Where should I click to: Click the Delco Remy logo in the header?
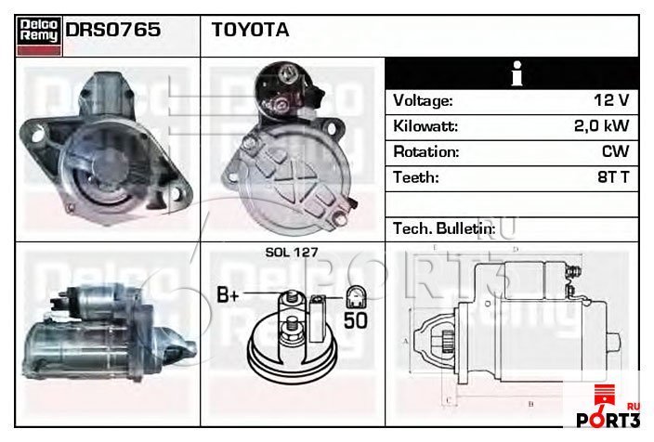[39, 35]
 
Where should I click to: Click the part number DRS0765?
[112, 30]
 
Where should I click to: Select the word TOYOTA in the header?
[250, 30]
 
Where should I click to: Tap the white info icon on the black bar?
[517, 73]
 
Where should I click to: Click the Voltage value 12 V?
[611, 100]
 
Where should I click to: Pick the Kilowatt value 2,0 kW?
[601, 125]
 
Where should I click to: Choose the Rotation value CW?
[615, 151]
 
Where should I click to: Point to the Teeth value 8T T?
[613, 176]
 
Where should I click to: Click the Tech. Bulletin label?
[444, 228]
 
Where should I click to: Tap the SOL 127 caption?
[292, 253]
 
